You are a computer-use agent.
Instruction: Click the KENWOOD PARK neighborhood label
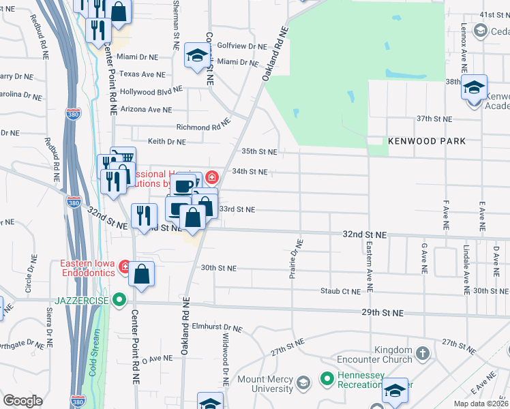click(x=426, y=141)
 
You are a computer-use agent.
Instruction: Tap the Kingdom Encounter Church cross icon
click(x=423, y=353)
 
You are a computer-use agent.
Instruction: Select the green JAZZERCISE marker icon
click(x=120, y=299)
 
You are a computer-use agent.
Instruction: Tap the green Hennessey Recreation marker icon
click(x=327, y=377)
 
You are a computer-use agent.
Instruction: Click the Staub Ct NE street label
click(x=340, y=291)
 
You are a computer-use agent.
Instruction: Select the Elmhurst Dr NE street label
click(x=217, y=327)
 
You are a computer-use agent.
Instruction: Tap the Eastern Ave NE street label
click(x=368, y=267)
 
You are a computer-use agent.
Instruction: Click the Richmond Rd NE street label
click(x=202, y=127)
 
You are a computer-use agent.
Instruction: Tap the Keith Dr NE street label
click(x=166, y=142)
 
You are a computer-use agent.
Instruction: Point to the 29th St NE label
click(x=382, y=313)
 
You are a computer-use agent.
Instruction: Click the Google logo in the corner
click(x=22, y=401)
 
